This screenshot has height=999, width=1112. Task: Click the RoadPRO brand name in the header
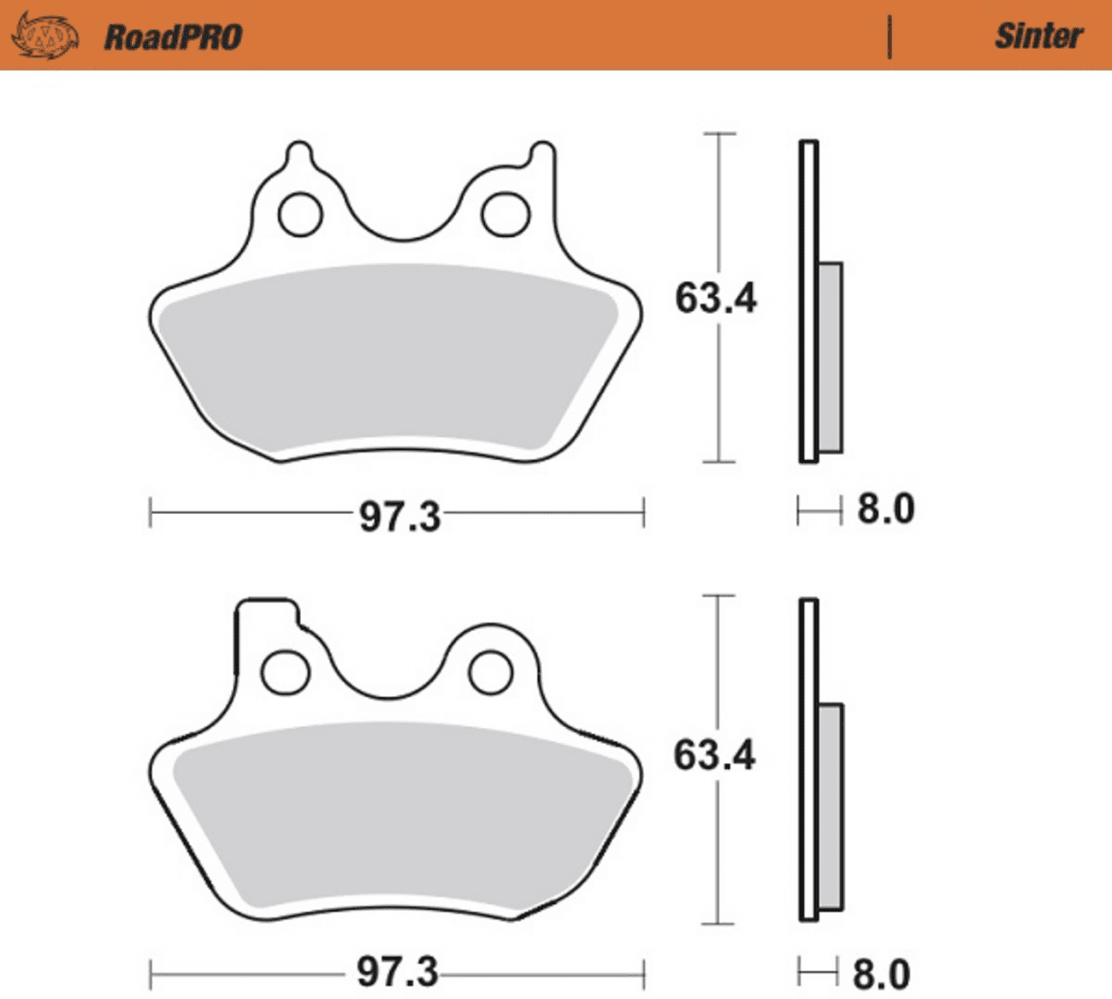[x=173, y=37]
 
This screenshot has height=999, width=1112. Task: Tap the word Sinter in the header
[x=1038, y=36]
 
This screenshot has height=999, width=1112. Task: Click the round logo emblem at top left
[x=45, y=36]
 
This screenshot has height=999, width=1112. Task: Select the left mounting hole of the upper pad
[x=300, y=214]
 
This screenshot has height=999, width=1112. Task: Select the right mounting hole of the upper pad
[x=505, y=214]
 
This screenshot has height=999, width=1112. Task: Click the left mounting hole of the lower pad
[x=285, y=673]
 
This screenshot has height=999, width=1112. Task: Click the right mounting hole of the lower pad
[x=491, y=672]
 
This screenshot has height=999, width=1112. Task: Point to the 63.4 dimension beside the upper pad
[x=715, y=299]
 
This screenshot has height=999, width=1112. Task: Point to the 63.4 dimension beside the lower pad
[x=714, y=755]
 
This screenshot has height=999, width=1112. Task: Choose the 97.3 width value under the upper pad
[x=399, y=517]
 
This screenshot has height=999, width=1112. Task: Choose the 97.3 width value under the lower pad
[x=397, y=972]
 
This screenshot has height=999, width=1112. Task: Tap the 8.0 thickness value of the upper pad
[x=885, y=509]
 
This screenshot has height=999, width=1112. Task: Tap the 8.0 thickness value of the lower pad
[x=882, y=974]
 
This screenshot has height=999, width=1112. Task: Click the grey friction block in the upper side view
[x=830, y=357]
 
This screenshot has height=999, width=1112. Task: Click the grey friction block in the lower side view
[x=830, y=807]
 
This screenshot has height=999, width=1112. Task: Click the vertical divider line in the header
[x=890, y=37]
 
